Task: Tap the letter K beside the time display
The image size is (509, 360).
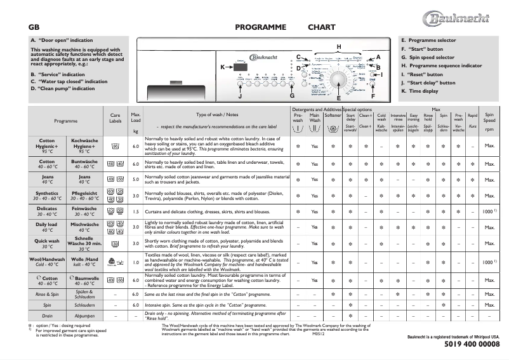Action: click(x=223, y=67)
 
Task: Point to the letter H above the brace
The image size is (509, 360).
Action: click(x=339, y=47)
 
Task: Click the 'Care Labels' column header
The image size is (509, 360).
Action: click(x=115, y=117)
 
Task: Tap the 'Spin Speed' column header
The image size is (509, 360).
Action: click(x=489, y=117)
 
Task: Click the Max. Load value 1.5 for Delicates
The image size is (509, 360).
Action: click(x=135, y=211)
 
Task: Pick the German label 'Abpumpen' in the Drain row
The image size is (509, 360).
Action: click(x=84, y=316)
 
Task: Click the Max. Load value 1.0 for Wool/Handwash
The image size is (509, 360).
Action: click(x=135, y=262)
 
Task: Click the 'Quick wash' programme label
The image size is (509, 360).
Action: click(x=46, y=242)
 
